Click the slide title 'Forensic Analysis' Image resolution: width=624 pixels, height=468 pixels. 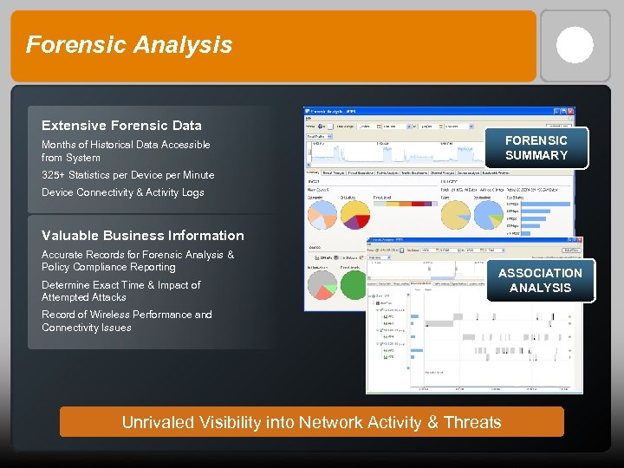tap(129, 45)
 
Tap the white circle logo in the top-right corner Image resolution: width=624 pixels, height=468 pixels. tap(575, 45)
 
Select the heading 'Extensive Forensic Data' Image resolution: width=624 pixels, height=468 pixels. tap(121, 126)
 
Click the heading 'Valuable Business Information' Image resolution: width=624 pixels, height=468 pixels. tap(143, 236)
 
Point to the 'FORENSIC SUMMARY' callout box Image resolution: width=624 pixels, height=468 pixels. tap(536, 147)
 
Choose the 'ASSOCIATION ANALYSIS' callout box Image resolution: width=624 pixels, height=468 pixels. tap(540, 280)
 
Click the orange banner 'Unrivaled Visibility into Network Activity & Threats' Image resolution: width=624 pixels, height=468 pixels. tap(311, 422)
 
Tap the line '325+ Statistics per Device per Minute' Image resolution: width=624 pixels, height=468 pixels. tap(127, 175)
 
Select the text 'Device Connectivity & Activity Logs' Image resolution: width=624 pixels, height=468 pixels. tap(123, 192)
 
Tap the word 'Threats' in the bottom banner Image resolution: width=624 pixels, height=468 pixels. tap(472, 422)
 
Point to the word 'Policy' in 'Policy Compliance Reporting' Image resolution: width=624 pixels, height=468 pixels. tap(56, 267)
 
